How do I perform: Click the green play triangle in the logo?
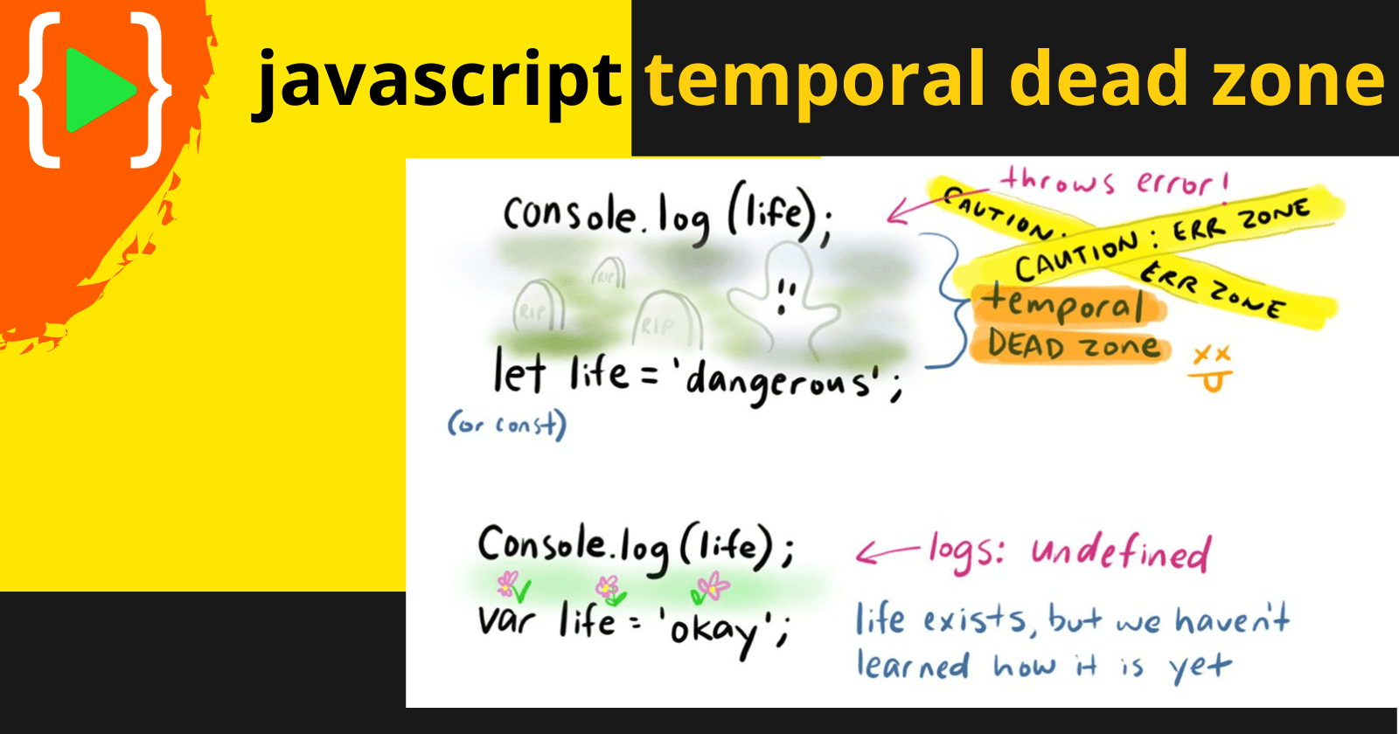click(97, 90)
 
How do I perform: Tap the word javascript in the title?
click(436, 82)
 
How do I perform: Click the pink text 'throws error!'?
click(1116, 182)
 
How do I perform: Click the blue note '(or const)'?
click(506, 426)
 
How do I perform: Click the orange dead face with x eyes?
click(1212, 368)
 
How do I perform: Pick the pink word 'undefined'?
click(1121, 553)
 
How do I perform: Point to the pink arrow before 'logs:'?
click(887, 552)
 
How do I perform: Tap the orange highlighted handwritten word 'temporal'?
click(1064, 305)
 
